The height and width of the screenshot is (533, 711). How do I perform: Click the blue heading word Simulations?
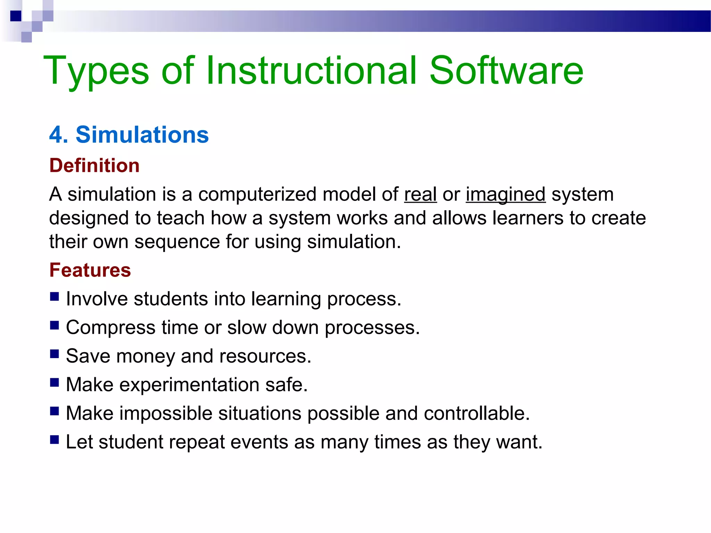pyautogui.click(x=142, y=135)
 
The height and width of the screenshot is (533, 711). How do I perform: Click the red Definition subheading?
pyautogui.click(x=94, y=165)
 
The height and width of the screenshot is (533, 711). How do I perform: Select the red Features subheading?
pyautogui.click(x=90, y=270)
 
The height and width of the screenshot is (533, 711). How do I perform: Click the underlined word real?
pyautogui.click(x=420, y=194)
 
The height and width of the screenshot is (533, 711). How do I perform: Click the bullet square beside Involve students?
pyautogui.click(x=54, y=297)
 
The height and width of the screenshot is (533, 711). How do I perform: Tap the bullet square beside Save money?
pyautogui.click(x=54, y=354)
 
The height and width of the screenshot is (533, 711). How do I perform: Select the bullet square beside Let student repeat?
pyautogui.click(x=54, y=440)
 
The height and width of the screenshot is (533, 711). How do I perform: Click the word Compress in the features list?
pyautogui.click(x=111, y=328)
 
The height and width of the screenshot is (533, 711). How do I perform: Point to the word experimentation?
pyautogui.click(x=189, y=385)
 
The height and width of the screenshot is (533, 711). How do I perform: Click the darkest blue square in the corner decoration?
pyautogui.click(x=16, y=16)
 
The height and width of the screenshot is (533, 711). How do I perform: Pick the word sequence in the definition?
pyautogui.click(x=177, y=242)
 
